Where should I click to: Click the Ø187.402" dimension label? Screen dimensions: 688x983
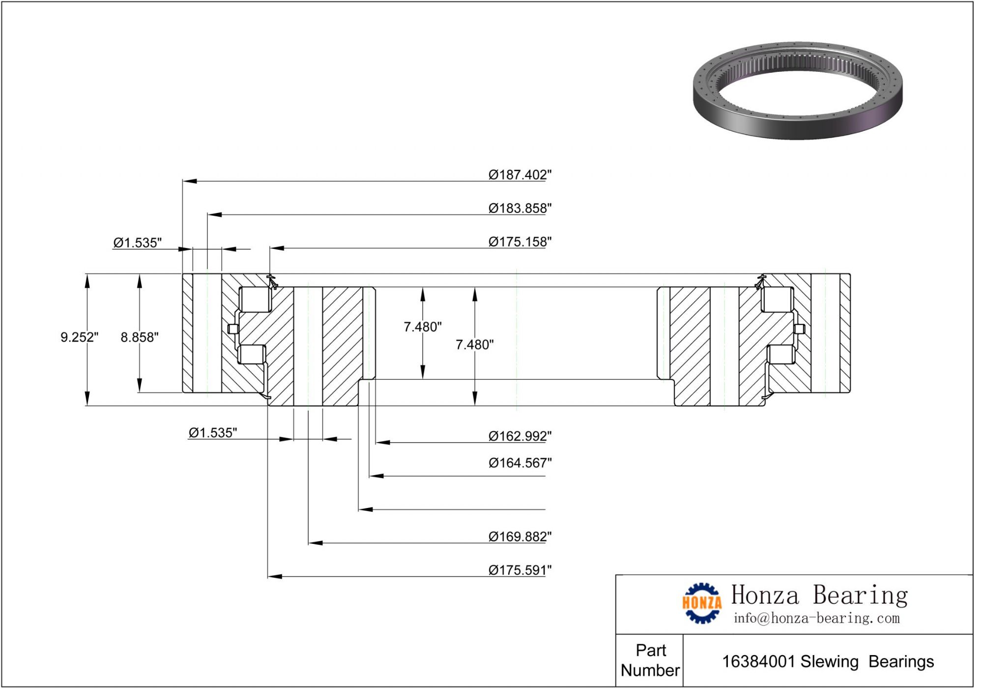pyautogui.click(x=520, y=175)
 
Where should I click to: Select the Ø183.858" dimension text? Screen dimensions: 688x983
pyautogui.click(x=520, y=208)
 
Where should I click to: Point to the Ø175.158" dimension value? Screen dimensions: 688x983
pyautogui.click(x=520, y=241)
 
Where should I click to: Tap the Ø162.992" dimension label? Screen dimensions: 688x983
pyautogui.click(x=520, y=436)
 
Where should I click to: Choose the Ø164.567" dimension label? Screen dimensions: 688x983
pyautogui.click(x=520, y=463)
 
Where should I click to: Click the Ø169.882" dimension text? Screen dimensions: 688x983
pyautogui.click(x=520, y=536)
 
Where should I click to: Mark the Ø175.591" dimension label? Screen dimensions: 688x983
pyautogui.click(x=520, y=570)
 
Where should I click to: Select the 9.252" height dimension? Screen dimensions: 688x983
pyautogui.click(x=79, y=337)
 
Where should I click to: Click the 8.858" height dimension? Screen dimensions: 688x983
pyautogui.click(x=140, y=337)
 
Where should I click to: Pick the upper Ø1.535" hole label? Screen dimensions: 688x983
pyautogui.click(x=137, y=242)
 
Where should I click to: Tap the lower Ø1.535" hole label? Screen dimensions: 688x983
pyautogui.click(x=212, y=433)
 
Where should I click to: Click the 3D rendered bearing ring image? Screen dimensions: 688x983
pyautogui.click(x=797, y=90)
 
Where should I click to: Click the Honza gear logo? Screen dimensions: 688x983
pyautogui.click(x=701, y=603)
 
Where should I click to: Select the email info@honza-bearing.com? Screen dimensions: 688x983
pyautogui.click(x=816, y=618)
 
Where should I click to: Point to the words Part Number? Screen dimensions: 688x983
pyautogui.click(x=650, y=660)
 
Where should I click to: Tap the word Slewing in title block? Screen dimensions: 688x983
pyautogui.click(x=829, y=661)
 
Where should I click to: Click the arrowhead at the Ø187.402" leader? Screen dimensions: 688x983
pyautogui.click(x=190, y=181)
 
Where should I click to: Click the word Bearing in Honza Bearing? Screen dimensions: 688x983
pyautogui.click(x=860, y=595)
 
